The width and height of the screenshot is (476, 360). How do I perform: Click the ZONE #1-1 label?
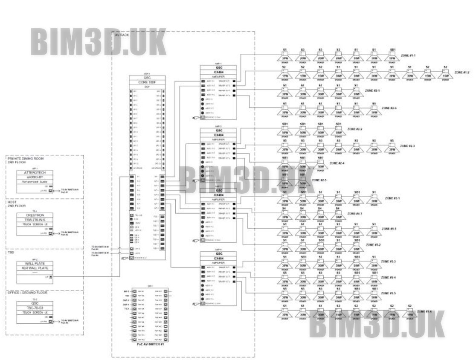[409, 55]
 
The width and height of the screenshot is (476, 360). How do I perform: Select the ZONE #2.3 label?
[407, 146]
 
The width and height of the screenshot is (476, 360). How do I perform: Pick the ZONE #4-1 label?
[355, 214]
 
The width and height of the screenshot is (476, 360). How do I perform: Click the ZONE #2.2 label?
[355, 129]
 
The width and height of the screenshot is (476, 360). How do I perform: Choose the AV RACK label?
[122, 35]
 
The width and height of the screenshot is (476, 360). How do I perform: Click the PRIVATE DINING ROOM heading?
[26, 158]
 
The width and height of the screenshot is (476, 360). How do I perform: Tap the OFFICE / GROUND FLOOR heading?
[27, 293]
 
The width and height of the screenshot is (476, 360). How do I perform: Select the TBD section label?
[11, 253]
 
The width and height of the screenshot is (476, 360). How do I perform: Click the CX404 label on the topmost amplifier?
[218, 73]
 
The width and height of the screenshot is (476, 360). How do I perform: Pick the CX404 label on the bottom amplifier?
[218, 258]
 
